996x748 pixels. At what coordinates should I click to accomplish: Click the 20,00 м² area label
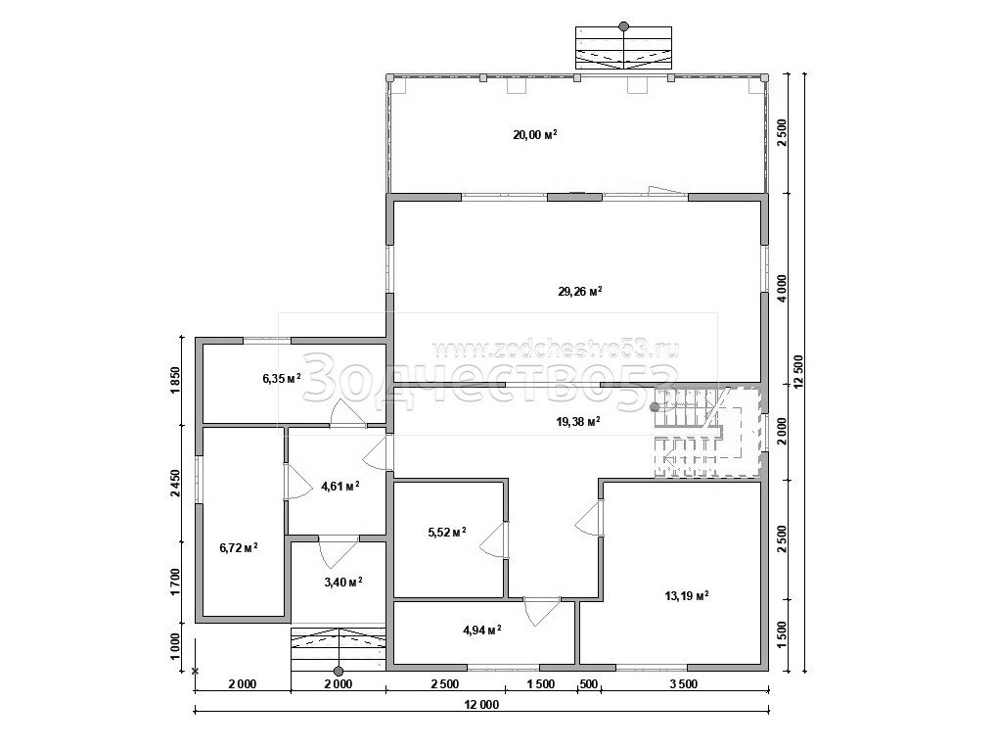coord(535,134)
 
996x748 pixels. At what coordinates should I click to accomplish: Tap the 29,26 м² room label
coord(580,292)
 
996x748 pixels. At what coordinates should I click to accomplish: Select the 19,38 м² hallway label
coord(578,421)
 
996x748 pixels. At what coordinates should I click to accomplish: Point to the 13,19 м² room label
coord(686,596)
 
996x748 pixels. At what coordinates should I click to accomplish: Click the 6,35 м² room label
coord(282,379)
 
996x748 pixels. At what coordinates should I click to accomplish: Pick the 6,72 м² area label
coord(238,548)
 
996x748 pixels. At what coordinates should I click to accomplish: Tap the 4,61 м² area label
coord(340,487)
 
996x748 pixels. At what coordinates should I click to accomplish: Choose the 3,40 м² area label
coord(342,582)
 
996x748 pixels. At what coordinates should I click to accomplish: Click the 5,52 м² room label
coord(447,532)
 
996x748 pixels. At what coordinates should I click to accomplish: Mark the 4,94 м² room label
coord(482,630)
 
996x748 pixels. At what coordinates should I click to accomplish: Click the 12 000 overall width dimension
coord(481,704)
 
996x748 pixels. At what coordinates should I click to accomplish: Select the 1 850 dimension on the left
coord(176,381)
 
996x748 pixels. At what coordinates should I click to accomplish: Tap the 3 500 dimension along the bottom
coord(684,683)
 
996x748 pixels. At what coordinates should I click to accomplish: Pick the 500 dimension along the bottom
coord(589,683)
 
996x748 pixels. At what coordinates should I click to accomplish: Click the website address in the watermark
coord(555,349)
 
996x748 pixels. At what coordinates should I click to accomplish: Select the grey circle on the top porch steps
coord(624,26)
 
